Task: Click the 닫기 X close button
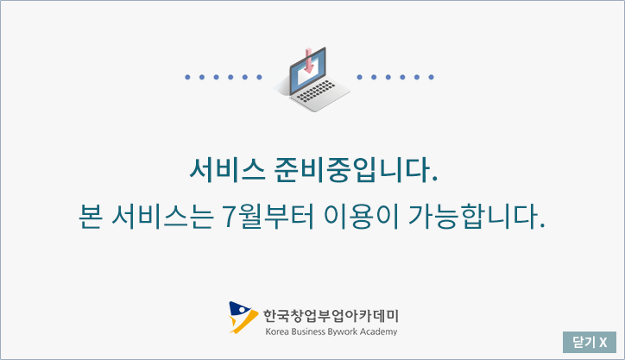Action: pyautogui.click(x=590, y=342)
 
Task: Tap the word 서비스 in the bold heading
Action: pyautogui.click(x=227, y=170)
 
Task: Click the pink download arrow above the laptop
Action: pyautogui.click(x=308, y=60)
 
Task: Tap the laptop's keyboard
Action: pyautogui.click(x=316, y=92)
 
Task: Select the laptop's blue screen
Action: pyautogui.click(x=307, y=70)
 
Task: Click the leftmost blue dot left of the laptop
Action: pyautogui.click(x=187, y=77)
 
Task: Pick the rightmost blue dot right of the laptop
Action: pyautogui.click(x=431, y=77)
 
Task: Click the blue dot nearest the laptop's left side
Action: pyautogui.click(x=259, y=77)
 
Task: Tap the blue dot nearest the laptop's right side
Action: pyautogui.click(x=359, y=77)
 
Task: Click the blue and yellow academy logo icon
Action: pyautogui.click(x=243, y=318)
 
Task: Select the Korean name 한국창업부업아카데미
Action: pyautogui.click(x=331, y=316)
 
